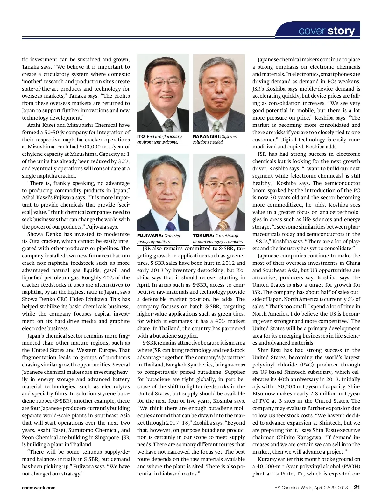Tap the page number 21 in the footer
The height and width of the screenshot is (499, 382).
coord(357,487)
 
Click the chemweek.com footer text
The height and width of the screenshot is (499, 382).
coord(39,488)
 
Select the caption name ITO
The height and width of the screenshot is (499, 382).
coord(141,136)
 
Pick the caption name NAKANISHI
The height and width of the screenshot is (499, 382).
coord(206,136)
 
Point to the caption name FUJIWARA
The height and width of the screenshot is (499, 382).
coord(150,236)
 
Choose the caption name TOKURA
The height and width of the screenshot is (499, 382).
coord(203,236)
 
